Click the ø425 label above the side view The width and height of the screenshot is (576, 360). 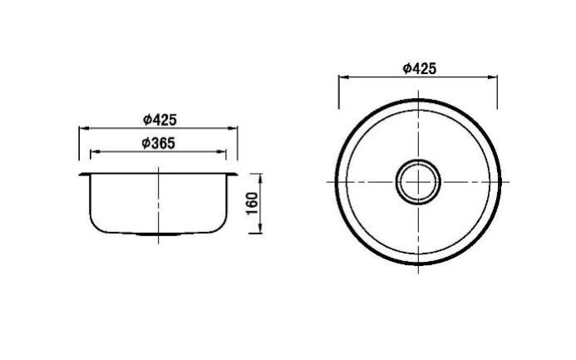pos(159,120)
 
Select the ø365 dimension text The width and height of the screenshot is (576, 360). pos(158,143)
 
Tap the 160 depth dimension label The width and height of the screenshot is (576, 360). pos(253,203)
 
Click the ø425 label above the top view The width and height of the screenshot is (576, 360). pos(419,69)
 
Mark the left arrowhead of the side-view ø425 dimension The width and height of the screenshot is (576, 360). pos(82,129)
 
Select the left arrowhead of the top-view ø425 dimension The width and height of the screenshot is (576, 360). pos(342,78)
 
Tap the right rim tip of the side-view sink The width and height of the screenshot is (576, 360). pos(238,174)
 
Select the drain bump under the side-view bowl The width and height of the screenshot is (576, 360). pos(158,235)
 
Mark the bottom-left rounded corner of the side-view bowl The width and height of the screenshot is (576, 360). pos(97,224)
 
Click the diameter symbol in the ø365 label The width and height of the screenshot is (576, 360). pos(145,143)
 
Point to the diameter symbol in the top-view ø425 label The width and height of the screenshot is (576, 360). pos(406,69)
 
